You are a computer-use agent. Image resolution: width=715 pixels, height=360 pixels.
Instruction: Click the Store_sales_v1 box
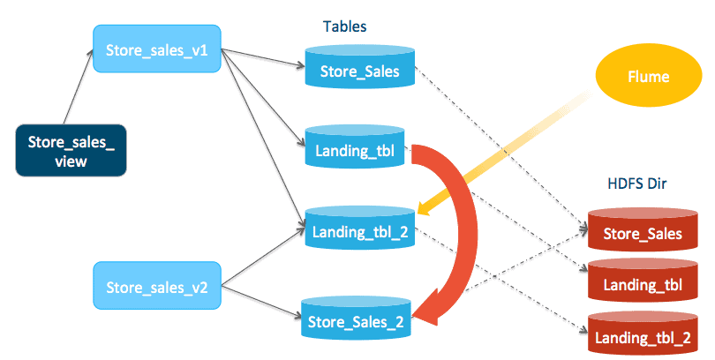[x=156, y=49]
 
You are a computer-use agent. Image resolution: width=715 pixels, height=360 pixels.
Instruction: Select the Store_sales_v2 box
[x=156, y=288]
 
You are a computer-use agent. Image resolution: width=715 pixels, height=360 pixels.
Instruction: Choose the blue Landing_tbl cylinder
[x=354, y=151]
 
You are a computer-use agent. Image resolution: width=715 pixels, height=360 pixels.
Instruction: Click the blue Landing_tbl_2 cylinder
[x=358, y=233]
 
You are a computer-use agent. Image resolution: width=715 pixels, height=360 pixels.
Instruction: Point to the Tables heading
[x=344, y=27]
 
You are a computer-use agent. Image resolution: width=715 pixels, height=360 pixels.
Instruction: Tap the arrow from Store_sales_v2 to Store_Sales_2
[x=260, y=300]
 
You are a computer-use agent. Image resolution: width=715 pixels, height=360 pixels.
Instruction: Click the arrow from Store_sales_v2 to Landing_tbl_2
[x=260, y=261]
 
